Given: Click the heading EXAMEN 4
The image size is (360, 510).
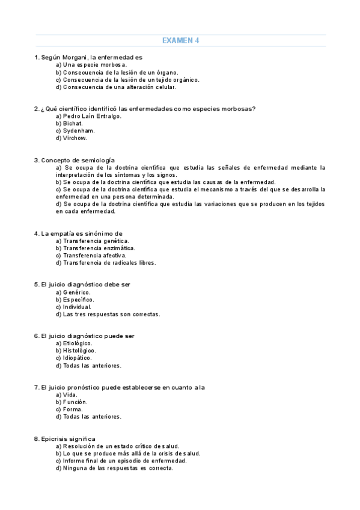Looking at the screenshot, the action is [180, 41].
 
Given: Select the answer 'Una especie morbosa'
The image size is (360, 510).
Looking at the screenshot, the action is [91, 64].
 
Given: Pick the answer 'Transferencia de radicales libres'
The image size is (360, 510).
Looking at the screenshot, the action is [105, 263].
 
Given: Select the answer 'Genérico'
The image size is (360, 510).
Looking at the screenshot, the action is [73, 292].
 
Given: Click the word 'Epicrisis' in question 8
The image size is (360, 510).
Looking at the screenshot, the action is [55, 438].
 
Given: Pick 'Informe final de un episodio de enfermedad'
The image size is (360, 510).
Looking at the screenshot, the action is [120, 461].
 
